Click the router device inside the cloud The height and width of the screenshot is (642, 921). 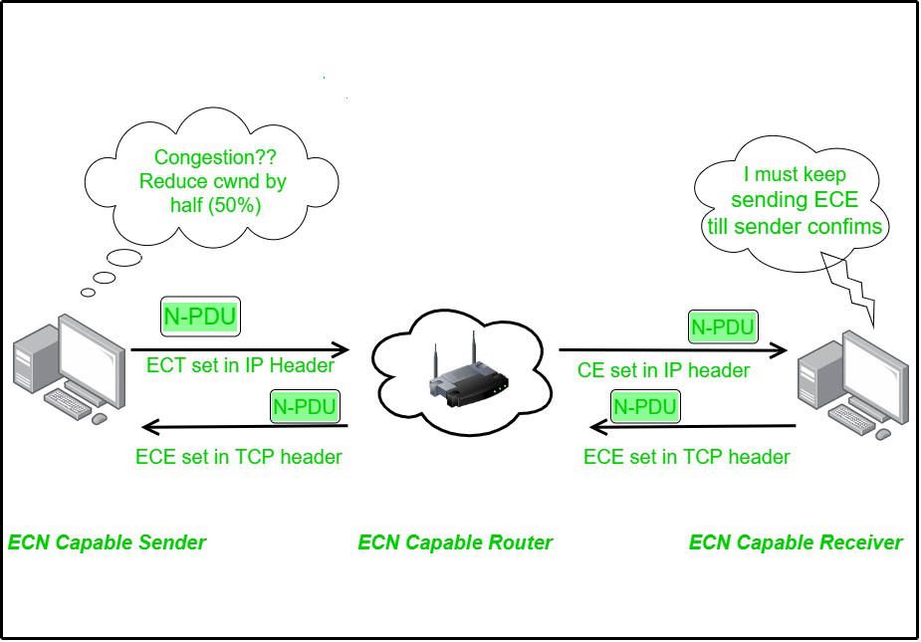pyautogui.click(x=465, y=379)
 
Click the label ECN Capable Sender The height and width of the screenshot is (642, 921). pyautogui.click(x=107, y=542)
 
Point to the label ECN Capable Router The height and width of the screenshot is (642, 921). pyautogui.click(x=455, y=542)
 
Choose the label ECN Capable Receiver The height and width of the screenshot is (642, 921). pyautogui.click(x=796, y=542)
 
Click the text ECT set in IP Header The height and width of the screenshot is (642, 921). pyautogui.click(x=240, y=365)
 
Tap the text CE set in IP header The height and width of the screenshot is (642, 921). pyautogui.click(x=663, y=370)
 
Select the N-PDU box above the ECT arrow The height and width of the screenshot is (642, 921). pyautogui.click(x=202, y=318)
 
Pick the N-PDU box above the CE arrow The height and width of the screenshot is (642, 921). pyautogui.click(x=723, y=326)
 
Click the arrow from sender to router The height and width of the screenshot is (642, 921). pyautogui.click(x=240, y=349)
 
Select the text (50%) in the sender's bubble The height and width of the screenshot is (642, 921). pyautogui.click(x=239, y=205)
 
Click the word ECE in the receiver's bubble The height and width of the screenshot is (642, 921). pyautogui.click(x=834, y=200)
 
